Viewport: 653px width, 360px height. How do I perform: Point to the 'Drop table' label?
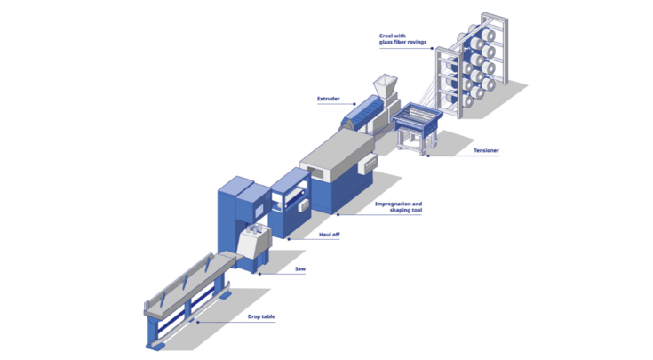260,315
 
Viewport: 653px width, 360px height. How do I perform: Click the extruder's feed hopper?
383,86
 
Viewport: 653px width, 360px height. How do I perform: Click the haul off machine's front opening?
290,200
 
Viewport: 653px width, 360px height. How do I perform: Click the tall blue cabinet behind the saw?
233,213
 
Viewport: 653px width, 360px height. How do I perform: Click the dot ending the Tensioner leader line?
427,156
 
